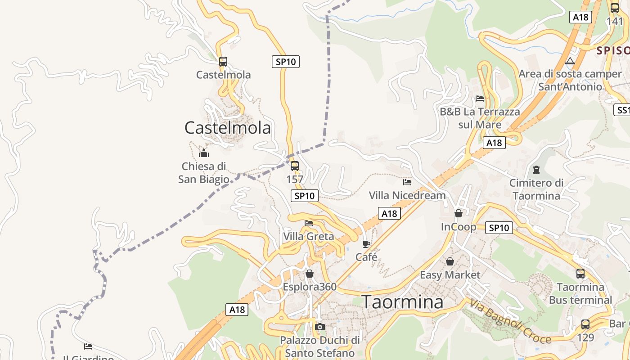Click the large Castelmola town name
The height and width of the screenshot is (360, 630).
228,128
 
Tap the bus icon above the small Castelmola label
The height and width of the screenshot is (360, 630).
223,62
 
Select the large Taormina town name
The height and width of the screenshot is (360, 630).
403,302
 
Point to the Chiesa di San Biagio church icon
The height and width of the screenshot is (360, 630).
204,153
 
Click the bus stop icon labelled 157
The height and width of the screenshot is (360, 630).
295,166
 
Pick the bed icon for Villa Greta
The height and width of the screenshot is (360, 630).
309,223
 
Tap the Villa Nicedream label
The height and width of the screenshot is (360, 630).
407,195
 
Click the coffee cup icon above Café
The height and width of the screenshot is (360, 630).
366,244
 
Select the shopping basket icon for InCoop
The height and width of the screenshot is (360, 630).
459,213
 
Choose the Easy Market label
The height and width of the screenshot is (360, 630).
450,274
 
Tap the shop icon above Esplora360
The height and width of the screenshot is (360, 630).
310,274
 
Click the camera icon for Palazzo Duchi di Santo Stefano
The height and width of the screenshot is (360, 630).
320,327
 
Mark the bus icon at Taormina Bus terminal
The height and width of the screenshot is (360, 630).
580,273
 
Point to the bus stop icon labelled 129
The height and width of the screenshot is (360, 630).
585,324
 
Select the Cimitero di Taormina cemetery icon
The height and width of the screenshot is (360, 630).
536,170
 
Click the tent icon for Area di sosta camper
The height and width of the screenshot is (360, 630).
570,61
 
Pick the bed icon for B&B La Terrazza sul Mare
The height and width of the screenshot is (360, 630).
480,99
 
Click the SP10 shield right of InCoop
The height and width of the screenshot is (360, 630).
499,228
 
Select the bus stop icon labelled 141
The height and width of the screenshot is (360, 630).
615,8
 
